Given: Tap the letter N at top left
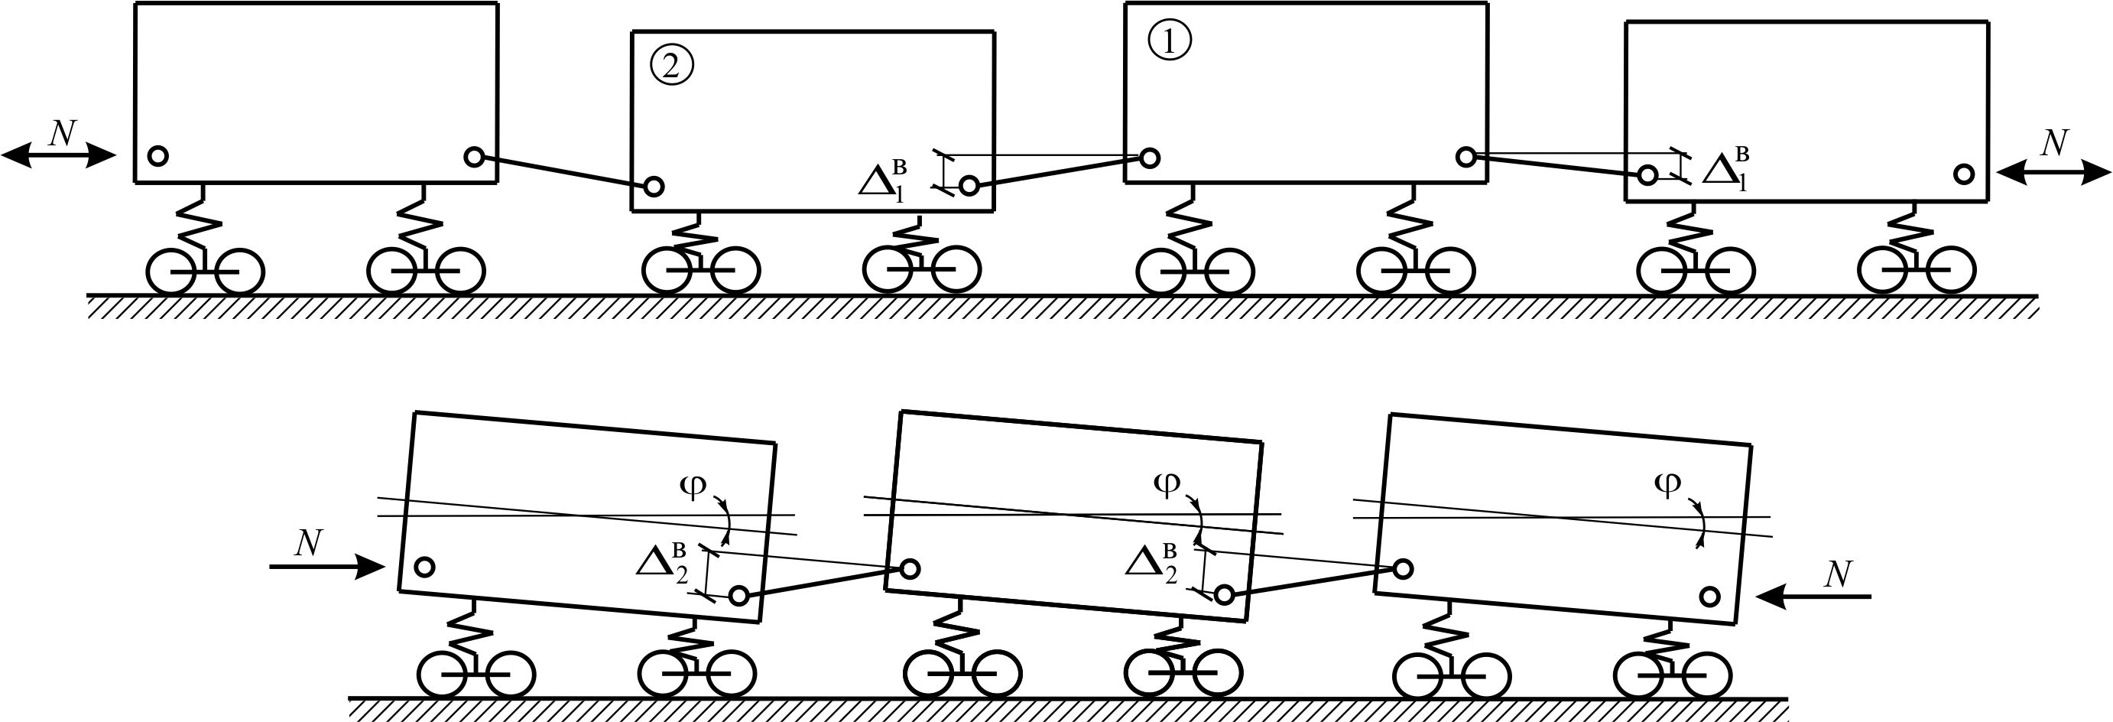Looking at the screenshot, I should coord(63,132).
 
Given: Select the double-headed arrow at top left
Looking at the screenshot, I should coord(58,155).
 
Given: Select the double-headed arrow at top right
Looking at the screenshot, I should coord(2054,172).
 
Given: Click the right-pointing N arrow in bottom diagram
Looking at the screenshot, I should coord(326,566).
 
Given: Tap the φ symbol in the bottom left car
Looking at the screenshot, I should coord(693,486).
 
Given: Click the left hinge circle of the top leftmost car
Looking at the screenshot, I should coord(159,155).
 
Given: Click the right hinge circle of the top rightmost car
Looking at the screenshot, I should coord(1964,174).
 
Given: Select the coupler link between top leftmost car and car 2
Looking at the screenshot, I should coord(563,171).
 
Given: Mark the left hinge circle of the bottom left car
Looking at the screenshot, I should coord(425,566).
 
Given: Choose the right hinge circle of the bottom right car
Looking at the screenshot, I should coord(1710,597).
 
